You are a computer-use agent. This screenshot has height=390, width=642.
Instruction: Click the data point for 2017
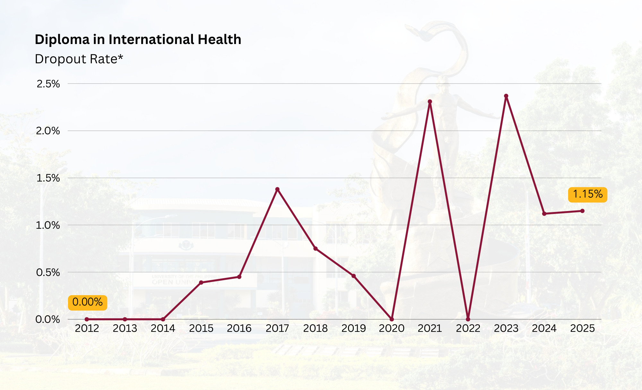277,189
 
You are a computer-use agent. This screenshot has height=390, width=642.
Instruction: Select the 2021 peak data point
430,102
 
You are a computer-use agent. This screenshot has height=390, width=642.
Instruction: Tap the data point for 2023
506,96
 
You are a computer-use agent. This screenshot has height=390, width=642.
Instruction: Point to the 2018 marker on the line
316,249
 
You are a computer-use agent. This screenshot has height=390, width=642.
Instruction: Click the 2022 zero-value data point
468,319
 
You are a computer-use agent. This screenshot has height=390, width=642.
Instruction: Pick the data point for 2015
201,283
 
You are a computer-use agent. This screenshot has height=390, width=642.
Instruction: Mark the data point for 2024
544,214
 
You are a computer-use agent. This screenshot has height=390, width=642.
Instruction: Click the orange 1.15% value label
587,194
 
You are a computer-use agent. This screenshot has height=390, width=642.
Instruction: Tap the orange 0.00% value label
87,302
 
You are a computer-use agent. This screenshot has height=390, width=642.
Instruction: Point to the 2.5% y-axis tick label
48,84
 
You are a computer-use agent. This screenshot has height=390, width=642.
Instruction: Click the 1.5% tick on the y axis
48,178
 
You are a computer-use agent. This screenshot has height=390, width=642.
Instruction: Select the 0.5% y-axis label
48,272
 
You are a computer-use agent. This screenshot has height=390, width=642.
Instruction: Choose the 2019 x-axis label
353,328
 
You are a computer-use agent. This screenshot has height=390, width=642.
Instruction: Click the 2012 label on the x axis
87,328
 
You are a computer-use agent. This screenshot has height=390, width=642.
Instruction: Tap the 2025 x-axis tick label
582,328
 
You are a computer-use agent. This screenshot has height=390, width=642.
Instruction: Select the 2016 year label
239,328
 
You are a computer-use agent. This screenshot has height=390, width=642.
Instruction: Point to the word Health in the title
219,40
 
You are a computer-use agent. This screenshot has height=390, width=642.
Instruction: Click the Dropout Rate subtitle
79,59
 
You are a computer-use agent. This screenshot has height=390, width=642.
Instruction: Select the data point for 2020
392,319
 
